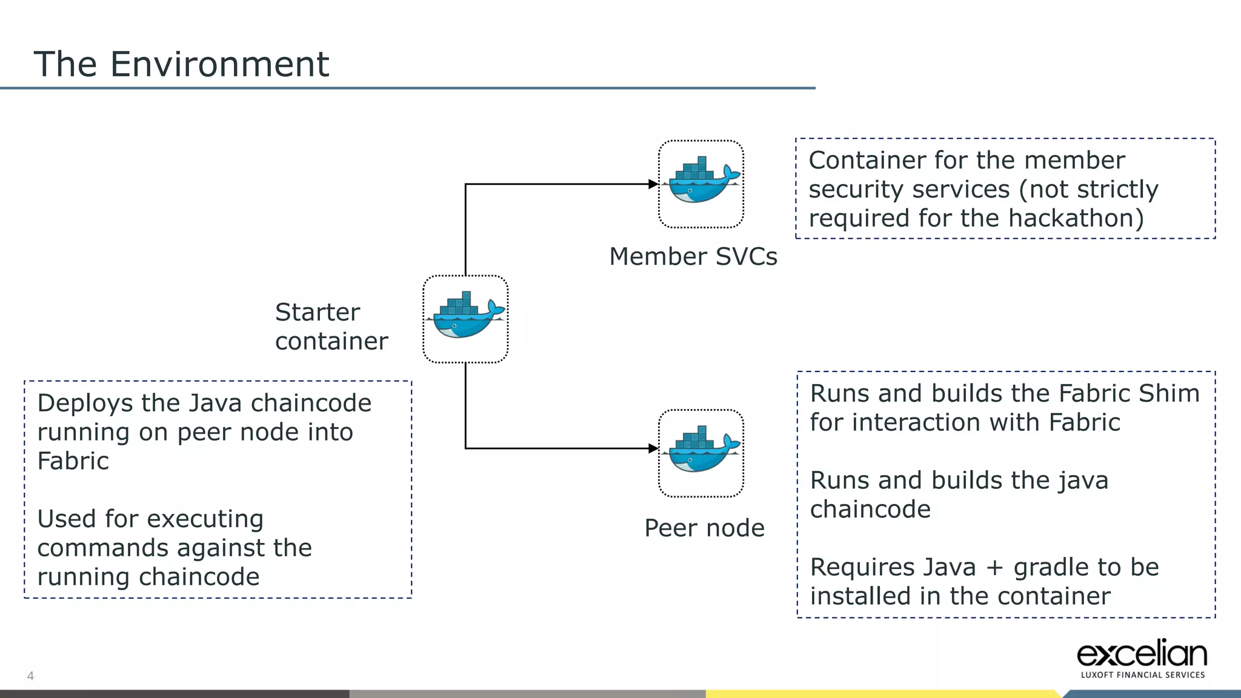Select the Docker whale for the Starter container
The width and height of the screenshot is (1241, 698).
coord(465,317)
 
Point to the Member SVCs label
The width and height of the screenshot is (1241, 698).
coord(693,256)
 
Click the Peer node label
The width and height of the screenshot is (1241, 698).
coord(704,528)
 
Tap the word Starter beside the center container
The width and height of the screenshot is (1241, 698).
coord(317,313)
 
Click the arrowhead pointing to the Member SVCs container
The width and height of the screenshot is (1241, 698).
coord(653,184)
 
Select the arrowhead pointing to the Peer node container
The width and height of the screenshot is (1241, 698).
coord(653,448)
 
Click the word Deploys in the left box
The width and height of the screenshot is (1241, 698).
coord(84,404)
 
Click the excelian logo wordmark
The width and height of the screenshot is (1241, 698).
coord(1142,654)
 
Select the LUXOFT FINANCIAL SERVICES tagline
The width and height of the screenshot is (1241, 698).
coord(1142,675)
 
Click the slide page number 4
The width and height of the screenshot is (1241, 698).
coord(30,676)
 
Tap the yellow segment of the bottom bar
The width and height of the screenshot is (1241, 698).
coord(879,694)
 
